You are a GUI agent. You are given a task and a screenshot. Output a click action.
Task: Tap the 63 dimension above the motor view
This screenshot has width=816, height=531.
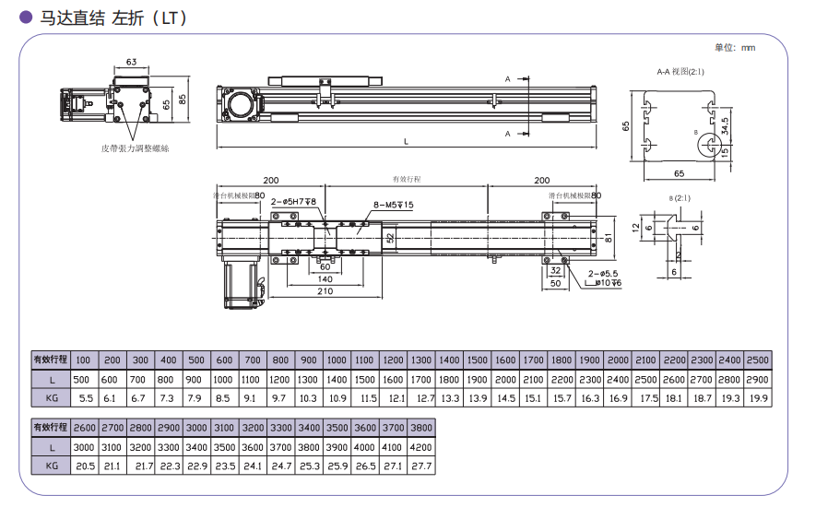pyautogui.click(x=132, y=63)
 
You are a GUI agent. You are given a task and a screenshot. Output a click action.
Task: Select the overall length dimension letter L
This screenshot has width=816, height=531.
pyautogui.click(x=406, y=141)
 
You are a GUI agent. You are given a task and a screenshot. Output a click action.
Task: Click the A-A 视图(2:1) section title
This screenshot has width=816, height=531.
pyautogui.click(x=680, y=71)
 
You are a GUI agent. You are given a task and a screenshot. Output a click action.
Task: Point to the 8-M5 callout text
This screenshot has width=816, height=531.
pyautogui.click(x=394, y=204)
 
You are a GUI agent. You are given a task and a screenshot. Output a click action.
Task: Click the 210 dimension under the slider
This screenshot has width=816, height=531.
pyautogui.click(x=325, y=292)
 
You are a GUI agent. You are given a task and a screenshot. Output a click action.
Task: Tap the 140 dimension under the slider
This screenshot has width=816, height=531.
pyautogui.click(x=325, y=278)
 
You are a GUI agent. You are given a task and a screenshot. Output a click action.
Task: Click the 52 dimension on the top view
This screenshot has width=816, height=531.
pyautogui.click(x=390, y=238)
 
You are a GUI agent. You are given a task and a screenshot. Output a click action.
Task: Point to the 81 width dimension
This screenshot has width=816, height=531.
pyautogui.click(x=609, y=239)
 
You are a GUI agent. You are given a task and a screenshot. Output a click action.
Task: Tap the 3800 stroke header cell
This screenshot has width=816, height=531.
pyautogui.click(x=420, y=428)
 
